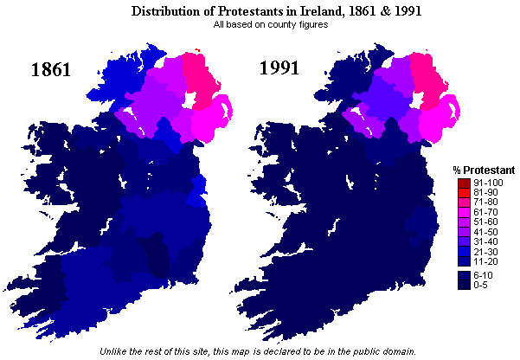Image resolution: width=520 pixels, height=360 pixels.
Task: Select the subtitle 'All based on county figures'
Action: [260, 24]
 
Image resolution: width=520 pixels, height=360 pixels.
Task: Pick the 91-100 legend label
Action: [485, 183]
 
